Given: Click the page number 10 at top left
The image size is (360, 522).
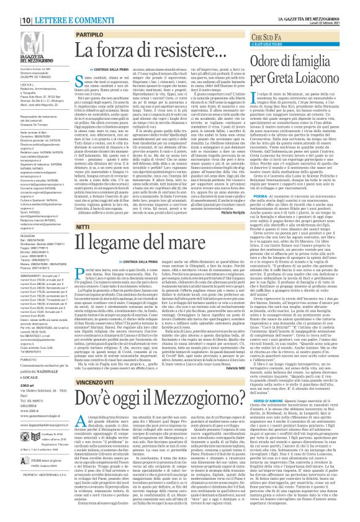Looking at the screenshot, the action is [11, 4].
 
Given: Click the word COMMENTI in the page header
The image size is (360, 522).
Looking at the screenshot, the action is [65, 4].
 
